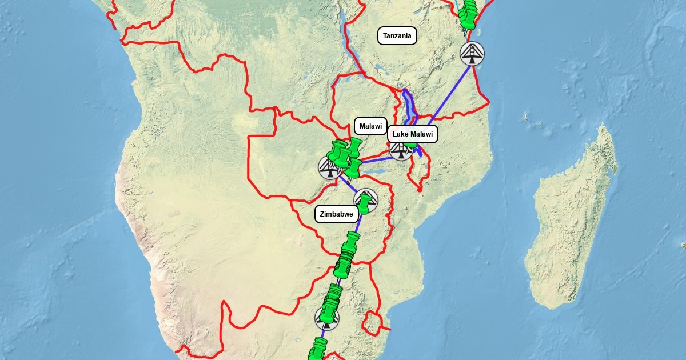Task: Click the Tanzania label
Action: coord(397,36)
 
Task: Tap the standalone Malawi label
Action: coord(370,126)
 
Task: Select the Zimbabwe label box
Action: coord(337,214)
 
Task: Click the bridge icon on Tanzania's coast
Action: coord(472,54)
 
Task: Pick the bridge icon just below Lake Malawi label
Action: coord(401,150)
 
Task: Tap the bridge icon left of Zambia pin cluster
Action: coord(329,167)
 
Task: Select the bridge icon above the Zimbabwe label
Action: coord(366,199)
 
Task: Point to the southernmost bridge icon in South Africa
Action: coord(326,318)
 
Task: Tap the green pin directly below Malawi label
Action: coord(356,146)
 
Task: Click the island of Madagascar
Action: coord(572,223)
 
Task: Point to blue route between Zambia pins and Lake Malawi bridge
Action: coord(375,157)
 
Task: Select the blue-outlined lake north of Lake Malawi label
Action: coord(409,106)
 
